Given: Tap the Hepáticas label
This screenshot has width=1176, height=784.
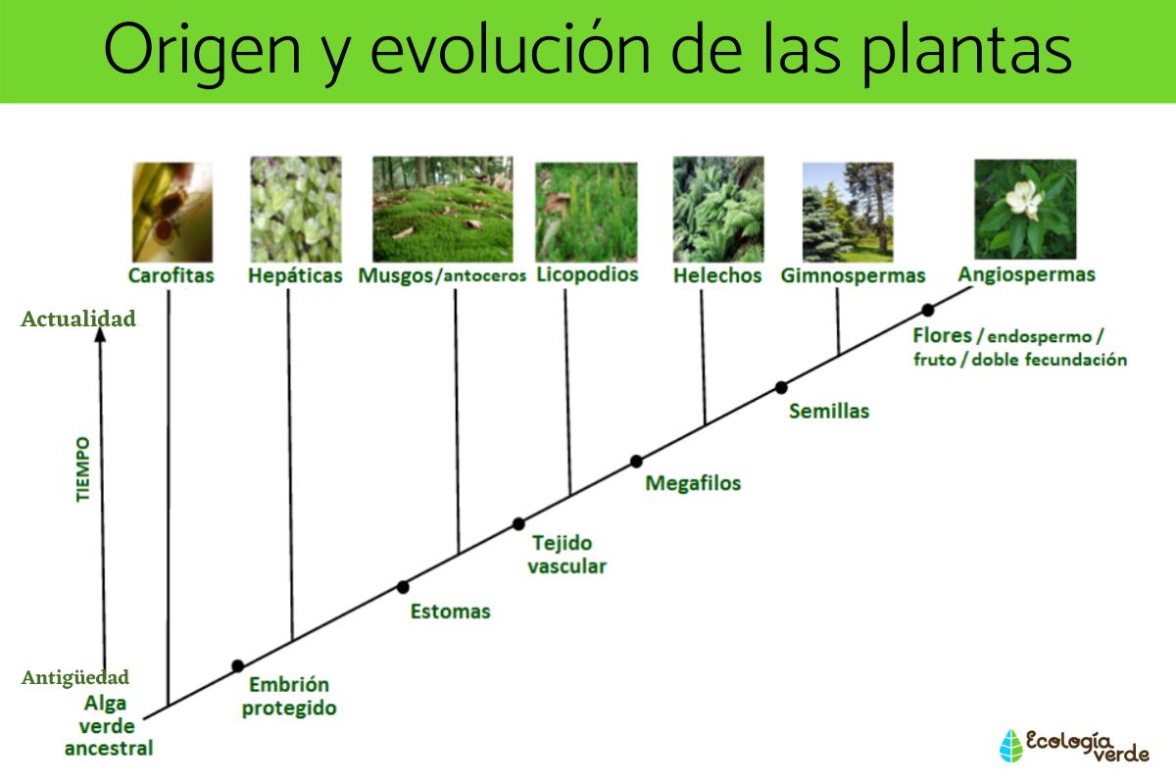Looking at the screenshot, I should [295, 275].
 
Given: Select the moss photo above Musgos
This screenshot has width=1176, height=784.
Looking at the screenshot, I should [442, 209].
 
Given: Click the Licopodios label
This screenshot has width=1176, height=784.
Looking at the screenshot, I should [587, 274].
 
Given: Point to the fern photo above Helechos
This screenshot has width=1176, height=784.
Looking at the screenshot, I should [717, 209].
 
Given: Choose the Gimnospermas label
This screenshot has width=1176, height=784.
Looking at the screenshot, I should [853, 275].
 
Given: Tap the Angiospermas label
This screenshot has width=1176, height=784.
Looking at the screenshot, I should [1026, 274].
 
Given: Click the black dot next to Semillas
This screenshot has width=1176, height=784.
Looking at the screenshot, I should [781, 387].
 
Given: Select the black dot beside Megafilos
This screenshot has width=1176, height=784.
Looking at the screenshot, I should [636, 461].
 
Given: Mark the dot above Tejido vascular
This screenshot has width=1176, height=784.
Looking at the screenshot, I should [518, 523].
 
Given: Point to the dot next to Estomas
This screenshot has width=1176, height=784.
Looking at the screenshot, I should [403, 587].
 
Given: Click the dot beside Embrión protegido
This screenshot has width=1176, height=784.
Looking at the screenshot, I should [237, 666].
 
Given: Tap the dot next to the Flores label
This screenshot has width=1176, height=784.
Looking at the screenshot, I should [927, 310].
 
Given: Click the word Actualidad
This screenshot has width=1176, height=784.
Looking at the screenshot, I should [78, 319].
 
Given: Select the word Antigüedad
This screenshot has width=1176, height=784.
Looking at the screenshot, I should [75, 677].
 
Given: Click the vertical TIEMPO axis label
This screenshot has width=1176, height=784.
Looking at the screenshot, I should [82, 470].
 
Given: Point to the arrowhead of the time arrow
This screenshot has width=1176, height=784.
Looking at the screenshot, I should [100, 336].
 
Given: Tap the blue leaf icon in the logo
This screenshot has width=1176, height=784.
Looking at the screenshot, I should [1009, 745].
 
